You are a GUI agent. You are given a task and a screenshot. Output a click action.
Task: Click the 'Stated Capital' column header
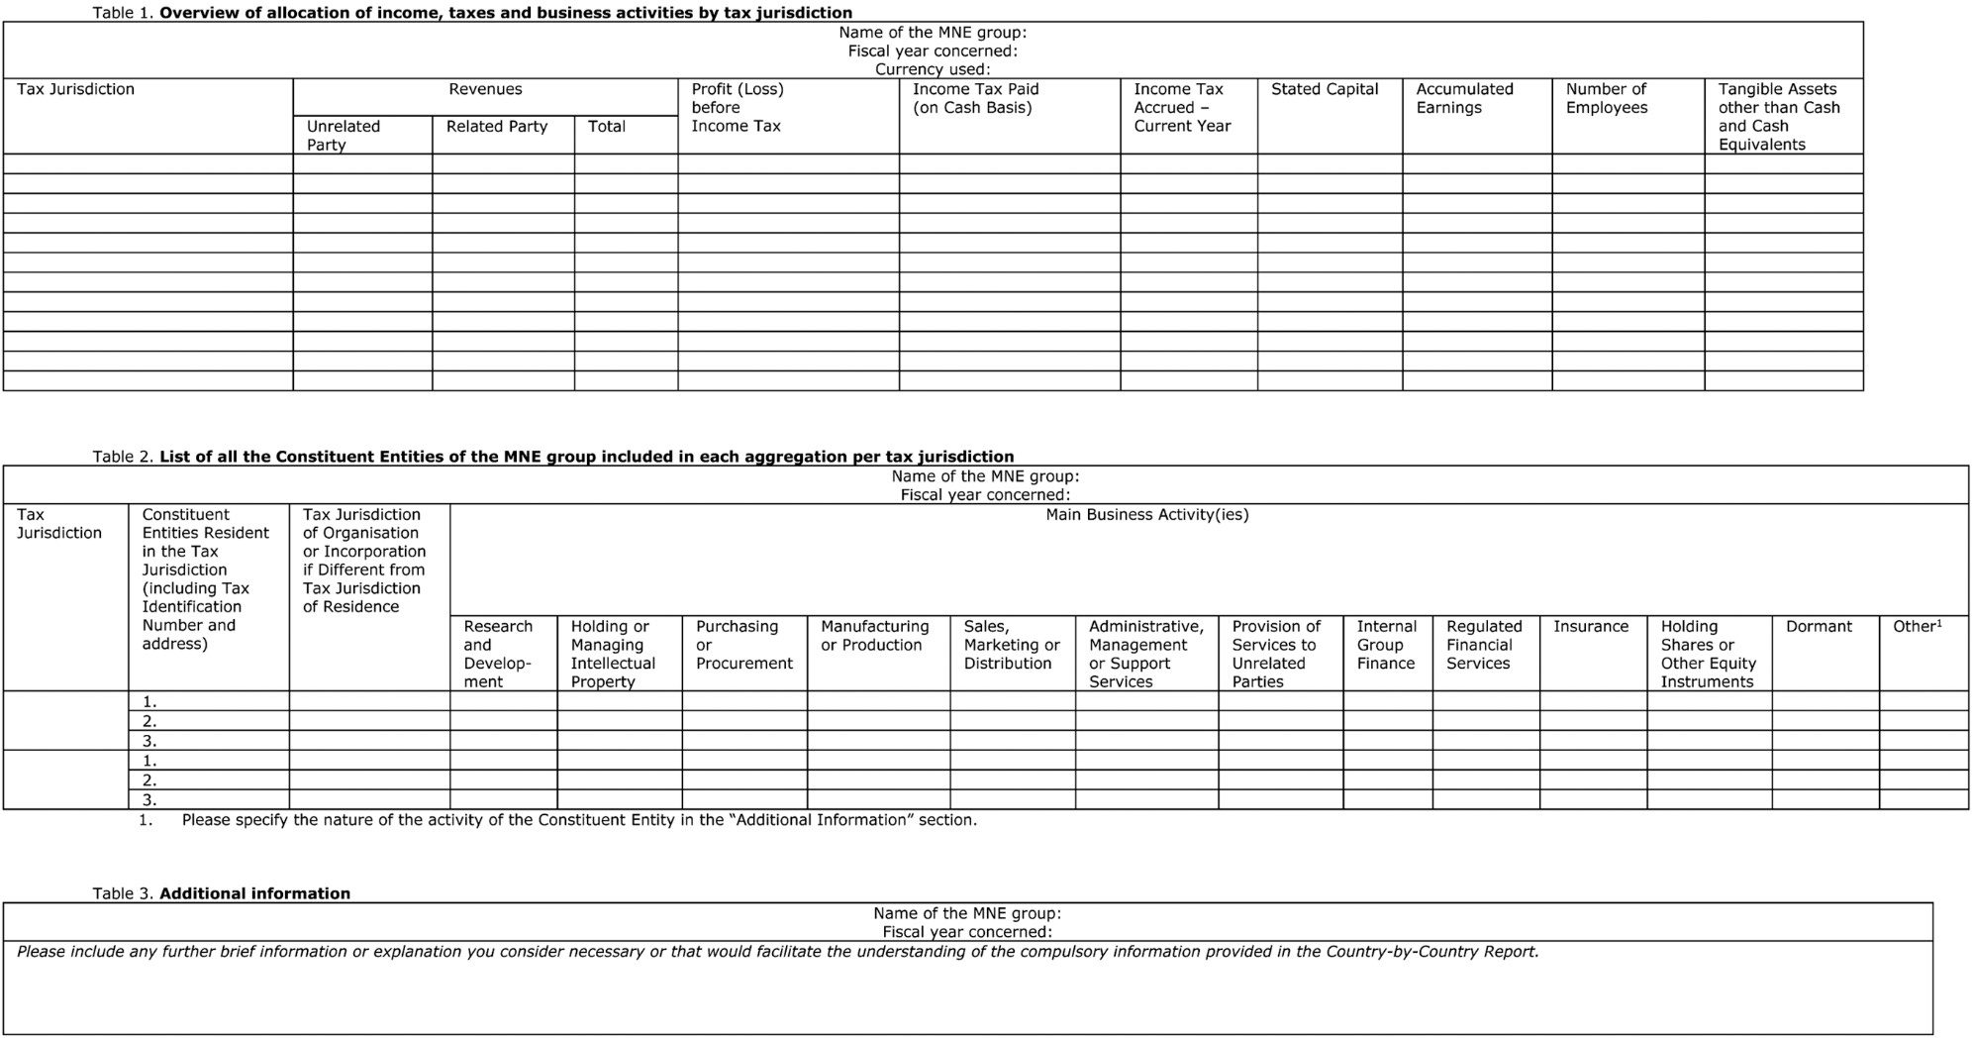[1324, 89]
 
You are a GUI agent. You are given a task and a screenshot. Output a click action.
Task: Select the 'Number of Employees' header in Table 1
[1606, 98]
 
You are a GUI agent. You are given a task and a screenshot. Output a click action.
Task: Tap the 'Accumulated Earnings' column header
[1464, 98]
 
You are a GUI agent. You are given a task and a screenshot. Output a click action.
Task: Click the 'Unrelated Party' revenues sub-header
[343, 135]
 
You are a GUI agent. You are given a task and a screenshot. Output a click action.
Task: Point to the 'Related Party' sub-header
[496, 126]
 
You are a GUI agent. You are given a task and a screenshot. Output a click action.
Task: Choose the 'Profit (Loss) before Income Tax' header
[738, 107]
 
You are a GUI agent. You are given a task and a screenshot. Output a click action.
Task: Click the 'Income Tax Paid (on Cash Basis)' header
[975, 98]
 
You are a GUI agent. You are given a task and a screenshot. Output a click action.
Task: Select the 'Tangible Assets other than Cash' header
[1778, 116]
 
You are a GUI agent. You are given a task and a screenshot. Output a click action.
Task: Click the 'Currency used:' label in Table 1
[932, 69]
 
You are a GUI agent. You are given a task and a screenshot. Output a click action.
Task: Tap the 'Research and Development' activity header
[497, 654]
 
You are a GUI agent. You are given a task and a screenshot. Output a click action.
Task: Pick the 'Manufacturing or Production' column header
[874, 635]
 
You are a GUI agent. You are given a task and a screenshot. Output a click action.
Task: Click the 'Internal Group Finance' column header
[1386, 644]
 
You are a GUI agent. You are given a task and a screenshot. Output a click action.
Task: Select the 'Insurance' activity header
[1590, 626]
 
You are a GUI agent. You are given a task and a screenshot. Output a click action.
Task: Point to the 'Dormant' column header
[1819, 626]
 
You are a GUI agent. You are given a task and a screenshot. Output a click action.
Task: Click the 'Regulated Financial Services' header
[1483, 644]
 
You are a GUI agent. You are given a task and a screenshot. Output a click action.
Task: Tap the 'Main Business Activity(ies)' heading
[1146, 514]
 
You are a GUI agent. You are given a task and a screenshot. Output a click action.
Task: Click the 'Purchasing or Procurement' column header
[743, 644]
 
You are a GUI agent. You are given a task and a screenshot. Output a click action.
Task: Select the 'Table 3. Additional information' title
[221, 892]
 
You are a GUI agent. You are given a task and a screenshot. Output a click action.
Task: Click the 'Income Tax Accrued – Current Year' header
[1182, 107]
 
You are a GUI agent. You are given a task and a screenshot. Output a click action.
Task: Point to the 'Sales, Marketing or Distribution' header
[1011, 644]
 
